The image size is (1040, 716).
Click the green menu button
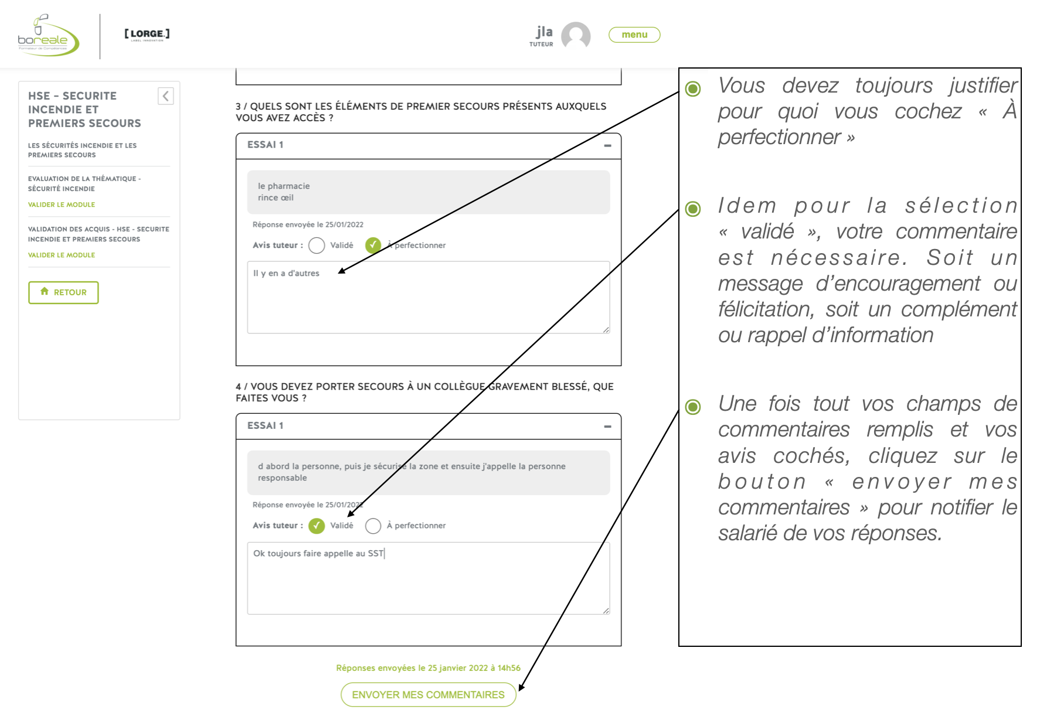[634, 35]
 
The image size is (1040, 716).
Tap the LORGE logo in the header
[147, 34]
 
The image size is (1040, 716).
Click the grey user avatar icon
[576, 36]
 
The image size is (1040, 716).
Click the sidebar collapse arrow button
[166, 96]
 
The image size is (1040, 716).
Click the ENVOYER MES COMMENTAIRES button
[428, 695]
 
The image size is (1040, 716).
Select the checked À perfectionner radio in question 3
[373, 246]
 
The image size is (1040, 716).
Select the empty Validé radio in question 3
[317, 246]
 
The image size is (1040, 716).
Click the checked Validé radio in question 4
[317, 526]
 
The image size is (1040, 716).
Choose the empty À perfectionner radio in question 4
[373, 526]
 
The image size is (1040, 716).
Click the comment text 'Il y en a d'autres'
[286, 273]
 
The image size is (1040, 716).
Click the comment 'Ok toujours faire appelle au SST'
[318, 553]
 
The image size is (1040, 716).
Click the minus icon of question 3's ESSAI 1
[608, 145]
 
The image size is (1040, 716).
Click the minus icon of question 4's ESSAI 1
[608, 426]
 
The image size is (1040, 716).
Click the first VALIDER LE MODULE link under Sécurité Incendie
[62, 204]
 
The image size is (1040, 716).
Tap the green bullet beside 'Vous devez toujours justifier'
[693, 88]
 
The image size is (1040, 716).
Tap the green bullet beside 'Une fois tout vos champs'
[693, 407]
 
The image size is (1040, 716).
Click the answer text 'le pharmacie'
[284, 186]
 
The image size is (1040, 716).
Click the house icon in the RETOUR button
[45, 292]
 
